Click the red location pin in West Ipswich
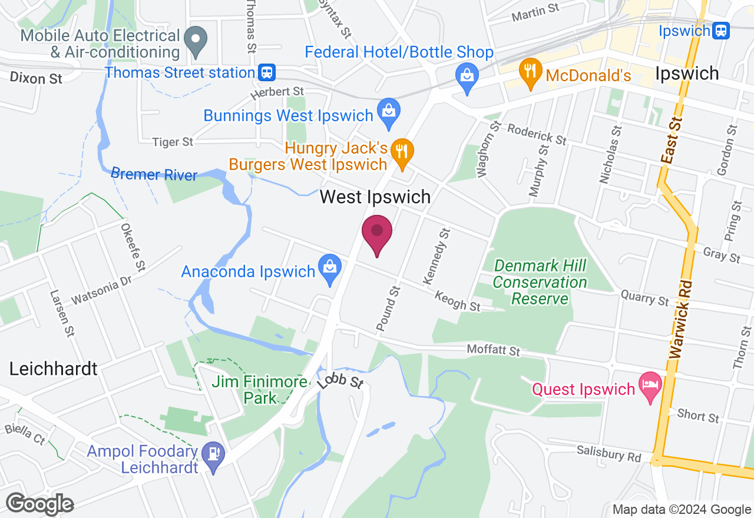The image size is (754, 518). click(376, 231)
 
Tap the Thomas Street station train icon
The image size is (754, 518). click(267, 72)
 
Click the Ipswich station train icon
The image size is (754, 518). click(720, 30)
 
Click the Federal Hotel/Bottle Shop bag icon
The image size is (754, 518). click(467, 75)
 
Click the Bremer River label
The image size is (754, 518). click(154, 174)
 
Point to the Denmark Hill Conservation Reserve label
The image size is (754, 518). click(540, 283)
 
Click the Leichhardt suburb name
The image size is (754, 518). click(53, 369)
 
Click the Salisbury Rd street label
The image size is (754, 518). click(609, 453)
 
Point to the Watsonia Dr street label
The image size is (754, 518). click(101, 291)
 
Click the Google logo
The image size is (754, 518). click(40, 504)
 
